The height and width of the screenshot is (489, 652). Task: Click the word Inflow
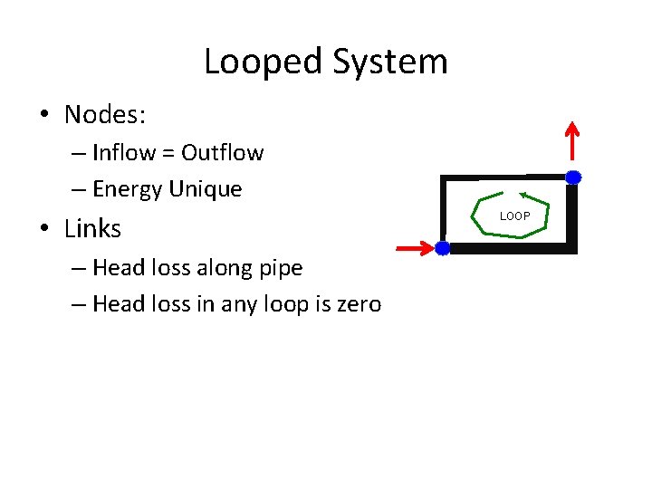click(x=124, y=153)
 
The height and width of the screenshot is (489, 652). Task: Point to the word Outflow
click(x=223, y=153)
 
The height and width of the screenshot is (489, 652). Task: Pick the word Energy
click(x=128, y=190)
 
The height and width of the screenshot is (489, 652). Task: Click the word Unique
click(x=206, y=189)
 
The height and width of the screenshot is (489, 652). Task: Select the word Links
click(x=92, y=229)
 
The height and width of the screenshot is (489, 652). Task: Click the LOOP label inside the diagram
click(x=515, y=216)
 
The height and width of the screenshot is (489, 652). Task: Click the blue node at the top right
click(x=572, y=177)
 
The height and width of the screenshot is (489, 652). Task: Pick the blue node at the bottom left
click(x=442, y=248)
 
